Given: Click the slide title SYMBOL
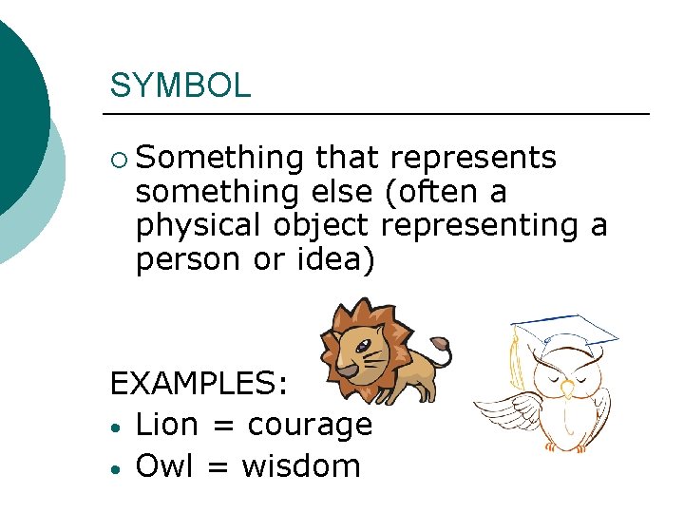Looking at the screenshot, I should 180,85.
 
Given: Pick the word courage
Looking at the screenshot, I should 310,426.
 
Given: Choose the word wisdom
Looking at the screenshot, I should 301,466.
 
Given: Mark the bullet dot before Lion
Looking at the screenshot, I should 115,427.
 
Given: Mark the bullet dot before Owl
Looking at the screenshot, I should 115,468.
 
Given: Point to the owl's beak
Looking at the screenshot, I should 567,388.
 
